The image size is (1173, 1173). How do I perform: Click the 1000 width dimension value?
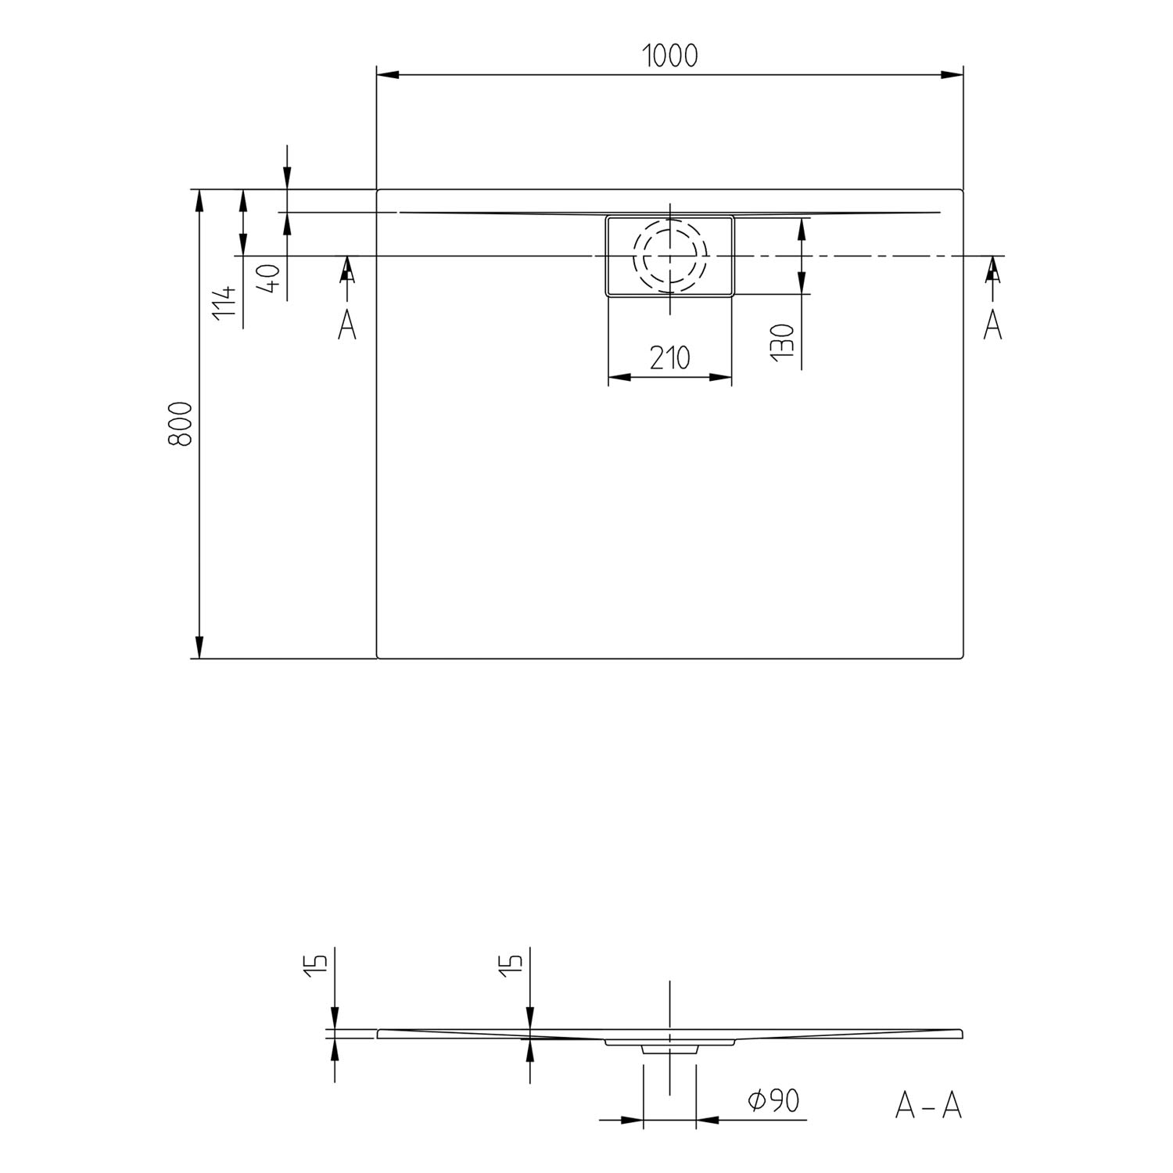coord(669,56)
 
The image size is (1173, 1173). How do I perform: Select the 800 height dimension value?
coord(180,424)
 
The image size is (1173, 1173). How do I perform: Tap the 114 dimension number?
coord(224,301)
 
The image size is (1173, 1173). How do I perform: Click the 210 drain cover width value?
coord(670,357)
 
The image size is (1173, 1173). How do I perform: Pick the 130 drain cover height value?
coord(783,342)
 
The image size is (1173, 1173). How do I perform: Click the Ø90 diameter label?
coord(773,1101)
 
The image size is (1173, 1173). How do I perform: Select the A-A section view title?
coord(928,1105)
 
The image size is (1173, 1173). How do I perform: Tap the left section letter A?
coord(347,325)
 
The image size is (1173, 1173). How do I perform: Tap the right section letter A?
coord(992,325)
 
